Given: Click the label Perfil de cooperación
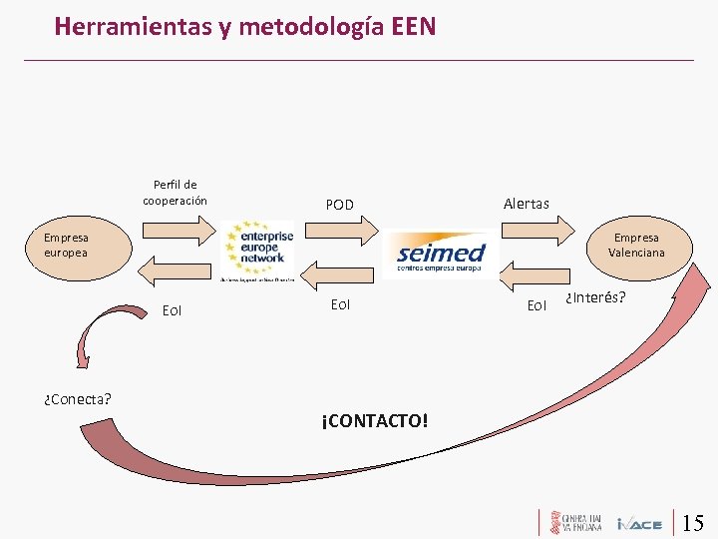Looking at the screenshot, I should coord(175,193).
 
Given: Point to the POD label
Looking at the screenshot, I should coord(340,205).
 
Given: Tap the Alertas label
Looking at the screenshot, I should coord(526,204).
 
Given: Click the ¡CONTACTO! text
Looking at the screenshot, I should coord(375,420).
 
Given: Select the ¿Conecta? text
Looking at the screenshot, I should coord(78,399).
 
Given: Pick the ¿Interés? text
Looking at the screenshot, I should coord(595,297).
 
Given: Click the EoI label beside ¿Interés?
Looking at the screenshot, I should coord(537,305).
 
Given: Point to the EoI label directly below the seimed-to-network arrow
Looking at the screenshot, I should coord(340,304).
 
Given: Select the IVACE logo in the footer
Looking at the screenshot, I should coord(639,523).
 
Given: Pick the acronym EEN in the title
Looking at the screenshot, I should coord(411,26).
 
